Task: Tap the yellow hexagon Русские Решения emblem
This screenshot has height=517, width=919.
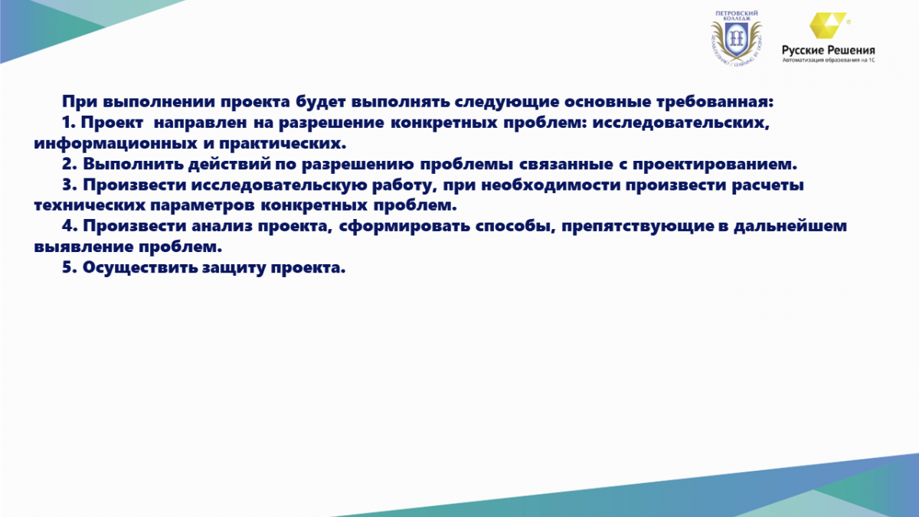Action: click(x=827, y=25)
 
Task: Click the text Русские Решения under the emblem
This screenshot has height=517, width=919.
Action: click(x=829, y=51)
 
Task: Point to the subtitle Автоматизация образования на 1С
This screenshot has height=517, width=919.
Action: click(x=829, y=61)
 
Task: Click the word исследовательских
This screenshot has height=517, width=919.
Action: click(x=681, y=123)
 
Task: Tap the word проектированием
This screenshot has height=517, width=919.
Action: click(x=715, y=164)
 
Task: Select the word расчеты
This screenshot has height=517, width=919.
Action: click(x=767, y=185)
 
